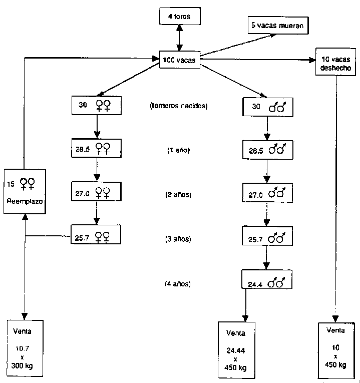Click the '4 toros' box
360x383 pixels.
[179, 17]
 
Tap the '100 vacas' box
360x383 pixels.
[179, 61]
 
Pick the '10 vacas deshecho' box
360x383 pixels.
[335, 62]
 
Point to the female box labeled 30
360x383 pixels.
[96, 105]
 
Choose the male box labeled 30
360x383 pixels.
[267, 107]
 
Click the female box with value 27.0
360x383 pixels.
[96, 191]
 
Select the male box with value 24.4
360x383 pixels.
[267, 282]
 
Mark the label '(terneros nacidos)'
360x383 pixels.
[178, 106]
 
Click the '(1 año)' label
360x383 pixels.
[178, 150]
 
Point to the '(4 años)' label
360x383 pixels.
[178, 284]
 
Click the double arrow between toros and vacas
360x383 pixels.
[179, 38]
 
